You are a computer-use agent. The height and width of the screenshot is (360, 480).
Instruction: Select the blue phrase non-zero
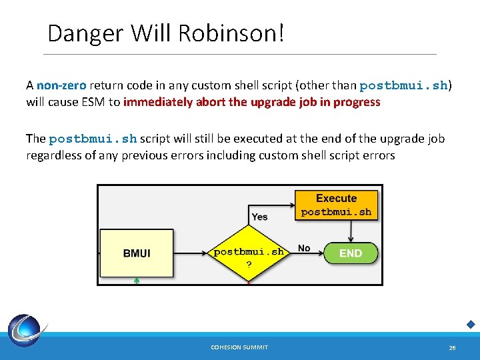(61, 85)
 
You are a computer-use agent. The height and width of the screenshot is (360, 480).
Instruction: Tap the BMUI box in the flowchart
(137, 253)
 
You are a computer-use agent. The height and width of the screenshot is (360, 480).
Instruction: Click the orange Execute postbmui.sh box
(336, 205)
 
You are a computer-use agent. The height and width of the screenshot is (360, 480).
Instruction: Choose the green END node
(351, 253)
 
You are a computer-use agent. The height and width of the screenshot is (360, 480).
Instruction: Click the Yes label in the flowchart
(259, 217)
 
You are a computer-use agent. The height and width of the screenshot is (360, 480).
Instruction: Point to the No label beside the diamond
(304, 248)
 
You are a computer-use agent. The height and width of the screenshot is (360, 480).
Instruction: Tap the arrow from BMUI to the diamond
(193, 253)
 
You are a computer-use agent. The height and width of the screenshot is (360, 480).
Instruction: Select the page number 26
(452, 347)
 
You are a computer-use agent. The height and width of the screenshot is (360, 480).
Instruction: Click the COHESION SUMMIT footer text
(239, 347)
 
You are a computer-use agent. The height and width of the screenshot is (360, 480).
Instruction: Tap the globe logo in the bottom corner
(27, 331)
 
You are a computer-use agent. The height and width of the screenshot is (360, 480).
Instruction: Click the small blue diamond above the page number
(470, 325)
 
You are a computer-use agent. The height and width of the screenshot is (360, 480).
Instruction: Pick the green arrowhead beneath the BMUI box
(136, 281)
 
